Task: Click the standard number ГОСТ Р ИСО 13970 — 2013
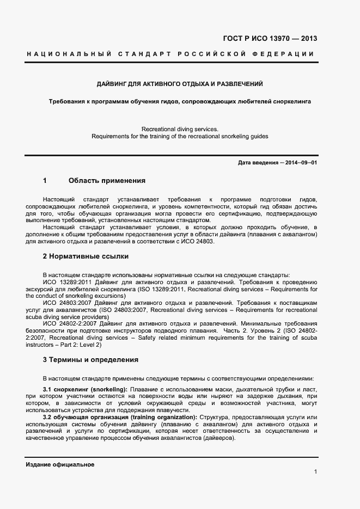point(270,39)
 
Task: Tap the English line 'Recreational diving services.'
point(180,129)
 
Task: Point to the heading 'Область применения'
point(107,180)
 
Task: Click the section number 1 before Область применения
point(45,180)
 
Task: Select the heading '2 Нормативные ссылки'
point(86,255)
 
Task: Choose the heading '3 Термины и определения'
point(90,359)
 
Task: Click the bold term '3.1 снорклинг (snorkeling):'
point(85,389)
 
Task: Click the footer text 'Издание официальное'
point(60,464)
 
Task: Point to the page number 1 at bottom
point(315,471)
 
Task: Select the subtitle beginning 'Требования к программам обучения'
point(180,101)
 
